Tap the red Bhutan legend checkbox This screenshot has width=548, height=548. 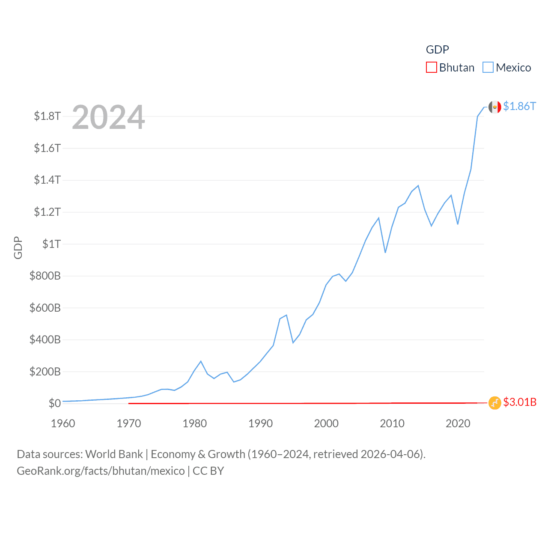point(432,68)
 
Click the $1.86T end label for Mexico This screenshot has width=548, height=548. point(519,106)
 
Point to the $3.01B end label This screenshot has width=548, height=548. point(520,402)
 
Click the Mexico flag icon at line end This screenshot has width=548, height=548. point(495,107)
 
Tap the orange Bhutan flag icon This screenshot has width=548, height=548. point(495,402)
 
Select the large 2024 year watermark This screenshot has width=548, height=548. point(108,117)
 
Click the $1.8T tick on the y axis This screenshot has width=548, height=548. point(47,116)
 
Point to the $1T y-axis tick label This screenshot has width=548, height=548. point(51,244)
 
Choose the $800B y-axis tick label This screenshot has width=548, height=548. point(45,276)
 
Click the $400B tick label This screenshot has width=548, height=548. point(45,340)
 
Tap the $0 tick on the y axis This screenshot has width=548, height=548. point(55,403)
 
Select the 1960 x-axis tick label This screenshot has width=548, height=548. point(63,424)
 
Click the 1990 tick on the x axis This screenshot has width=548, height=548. point(260,424)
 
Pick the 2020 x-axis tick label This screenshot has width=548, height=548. point(458,424)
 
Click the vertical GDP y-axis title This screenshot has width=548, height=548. point(18,247)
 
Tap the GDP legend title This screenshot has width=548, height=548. point(437,50)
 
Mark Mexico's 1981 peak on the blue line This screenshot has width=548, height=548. point(201,361)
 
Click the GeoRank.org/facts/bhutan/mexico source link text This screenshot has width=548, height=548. point(101,471)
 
